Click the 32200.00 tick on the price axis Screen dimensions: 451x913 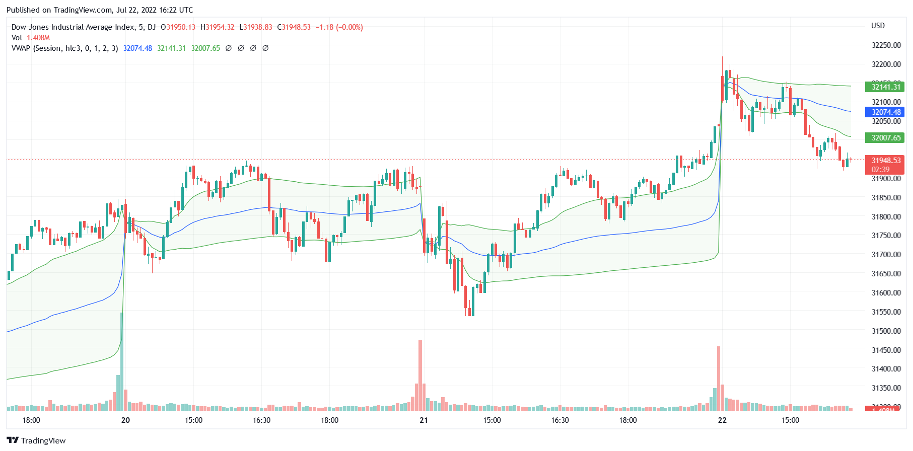pyautogui.click(x=886, y=64)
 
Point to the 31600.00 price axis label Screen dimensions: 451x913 pyautogui.click(x=886, y=293)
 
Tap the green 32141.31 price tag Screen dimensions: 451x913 pyautogui.click(x=885, y=87)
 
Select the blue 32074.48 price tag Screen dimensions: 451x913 pyautogui.click(x=885, y=112)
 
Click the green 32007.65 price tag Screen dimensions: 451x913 pyautogui.click(x=885, y=138)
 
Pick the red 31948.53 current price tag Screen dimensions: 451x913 pyautogui.click(x=885, y=161)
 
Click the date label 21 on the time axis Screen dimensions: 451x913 pyautogui.click(x=424, y=420)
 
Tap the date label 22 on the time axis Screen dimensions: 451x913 pyautogui.click(x=722, y=420)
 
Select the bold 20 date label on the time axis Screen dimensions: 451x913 pyautogui.click(x=125, y=420)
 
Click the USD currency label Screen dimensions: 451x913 pyautogui.click(x=878, y=26)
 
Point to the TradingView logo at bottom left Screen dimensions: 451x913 pyautogui.click(x=36, y=440)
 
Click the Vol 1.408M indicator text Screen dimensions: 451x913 pyautogui.click(x=31, y=38)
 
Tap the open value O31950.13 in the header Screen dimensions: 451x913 pyautogui.click(x=178, y=27)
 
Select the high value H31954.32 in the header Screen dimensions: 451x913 pyautogui.click(x=217, y=27)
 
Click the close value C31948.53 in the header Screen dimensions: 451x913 pyautogui.click(x=294, y=27)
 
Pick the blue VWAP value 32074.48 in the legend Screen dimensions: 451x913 pyautogui.click(x=137, y=48)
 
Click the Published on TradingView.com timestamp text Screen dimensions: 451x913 pyautogui.click(x=100, y=10)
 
